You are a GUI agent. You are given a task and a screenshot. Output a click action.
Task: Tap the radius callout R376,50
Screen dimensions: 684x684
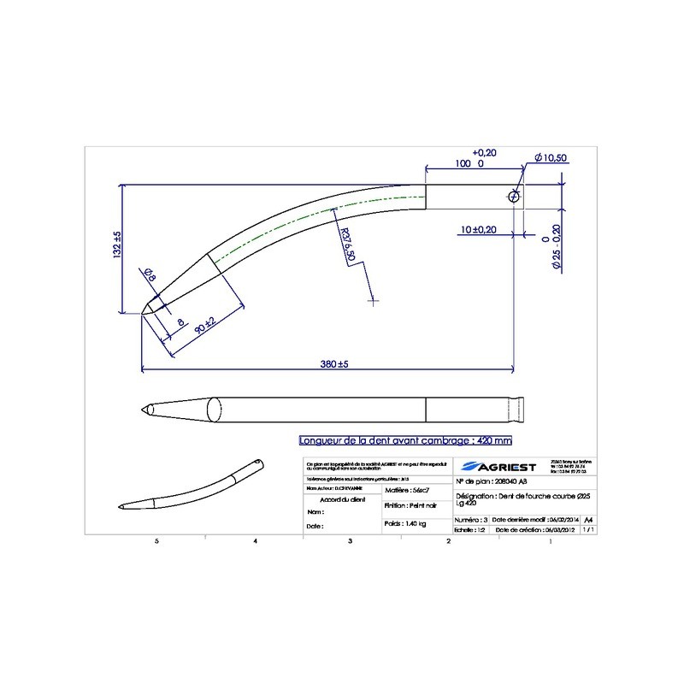(347, 245)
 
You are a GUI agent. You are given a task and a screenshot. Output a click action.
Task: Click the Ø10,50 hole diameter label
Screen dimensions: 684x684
(551, 158)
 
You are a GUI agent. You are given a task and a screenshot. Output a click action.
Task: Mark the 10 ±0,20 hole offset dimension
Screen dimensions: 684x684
(479, 230)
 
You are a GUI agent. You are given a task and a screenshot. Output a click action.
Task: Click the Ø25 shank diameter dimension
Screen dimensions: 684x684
(555, 248)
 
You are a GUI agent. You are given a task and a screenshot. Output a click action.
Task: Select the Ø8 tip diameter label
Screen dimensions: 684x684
(149, 275)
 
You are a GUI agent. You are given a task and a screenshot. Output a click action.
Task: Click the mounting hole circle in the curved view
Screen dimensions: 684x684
(514, 196)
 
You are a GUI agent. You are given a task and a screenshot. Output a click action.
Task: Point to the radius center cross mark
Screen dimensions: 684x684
(372, 300)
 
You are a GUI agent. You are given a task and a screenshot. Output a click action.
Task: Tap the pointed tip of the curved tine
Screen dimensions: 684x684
(141, 314)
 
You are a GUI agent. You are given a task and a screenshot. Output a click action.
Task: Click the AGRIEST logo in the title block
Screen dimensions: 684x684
(496, 466)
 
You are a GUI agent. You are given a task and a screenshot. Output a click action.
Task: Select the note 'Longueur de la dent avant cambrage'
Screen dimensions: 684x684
(404, 441)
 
